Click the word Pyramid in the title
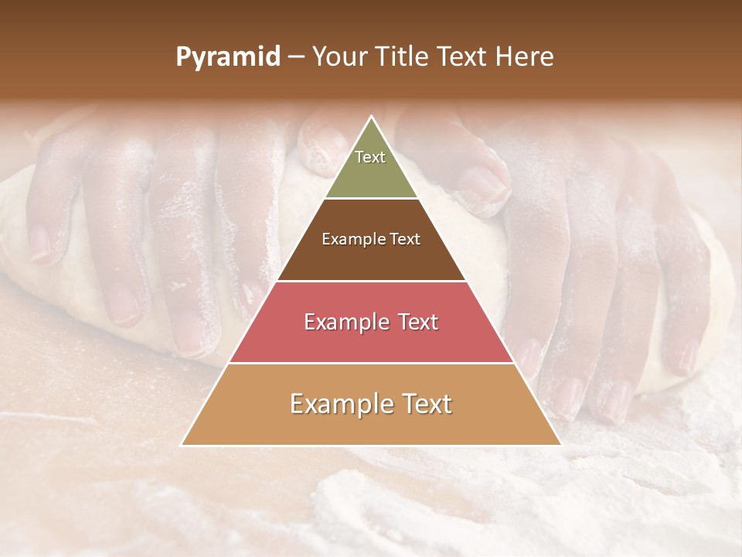[228, 57]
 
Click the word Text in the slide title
[464, 57]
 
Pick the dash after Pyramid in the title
[296, 57]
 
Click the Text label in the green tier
[370, 157]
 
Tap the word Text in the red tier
[418, 322]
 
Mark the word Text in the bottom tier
[427, 404]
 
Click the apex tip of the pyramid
[371, 117]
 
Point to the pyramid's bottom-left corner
[182, 445]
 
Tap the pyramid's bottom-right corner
[560, 445]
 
